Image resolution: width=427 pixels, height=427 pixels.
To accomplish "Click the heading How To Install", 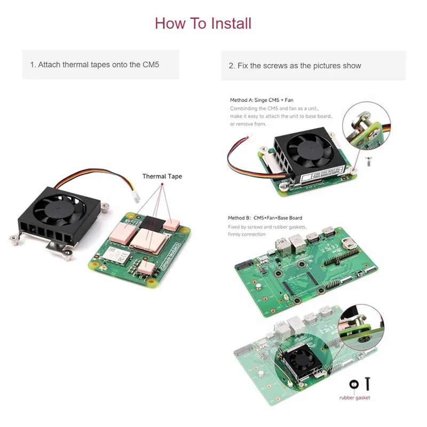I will [x=203, y=23].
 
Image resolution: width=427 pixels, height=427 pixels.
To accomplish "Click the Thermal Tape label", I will [x=162, y=176].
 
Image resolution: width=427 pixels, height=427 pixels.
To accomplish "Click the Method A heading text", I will [x=262, y=100].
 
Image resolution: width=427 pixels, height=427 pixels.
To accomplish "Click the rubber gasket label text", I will [x=354, y=397].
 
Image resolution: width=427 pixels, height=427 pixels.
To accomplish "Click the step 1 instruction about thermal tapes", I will [x=95, y=65].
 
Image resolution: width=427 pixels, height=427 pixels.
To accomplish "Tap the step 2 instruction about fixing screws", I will [x=295, y=66].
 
